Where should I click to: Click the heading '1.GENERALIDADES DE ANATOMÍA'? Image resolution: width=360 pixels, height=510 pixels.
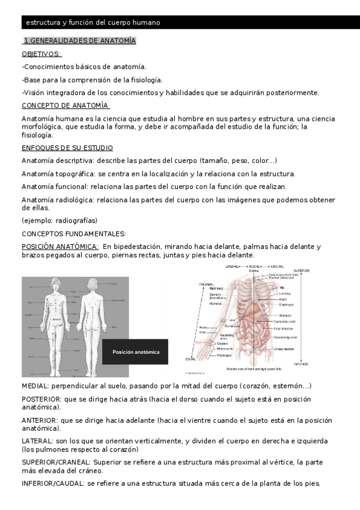pyautogui.click(x=79, y=41)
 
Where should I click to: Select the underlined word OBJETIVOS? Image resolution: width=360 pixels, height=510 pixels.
pyautogui.click(x=41, y=54)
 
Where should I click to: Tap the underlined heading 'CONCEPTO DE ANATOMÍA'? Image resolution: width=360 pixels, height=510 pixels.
pyautogui.click(x=65, y=106)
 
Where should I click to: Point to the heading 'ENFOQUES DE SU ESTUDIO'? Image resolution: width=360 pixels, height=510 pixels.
pyautogui.click(x=67, y=148)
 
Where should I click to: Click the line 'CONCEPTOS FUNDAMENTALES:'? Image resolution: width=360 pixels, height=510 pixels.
pyautogui.click(x=73, y=233)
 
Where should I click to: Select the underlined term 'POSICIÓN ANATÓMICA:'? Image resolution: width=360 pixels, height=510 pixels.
pyautogui.click(x=60, y=247)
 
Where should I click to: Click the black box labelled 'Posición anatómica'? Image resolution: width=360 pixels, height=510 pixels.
pyautogui.click(x=136, y=352)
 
